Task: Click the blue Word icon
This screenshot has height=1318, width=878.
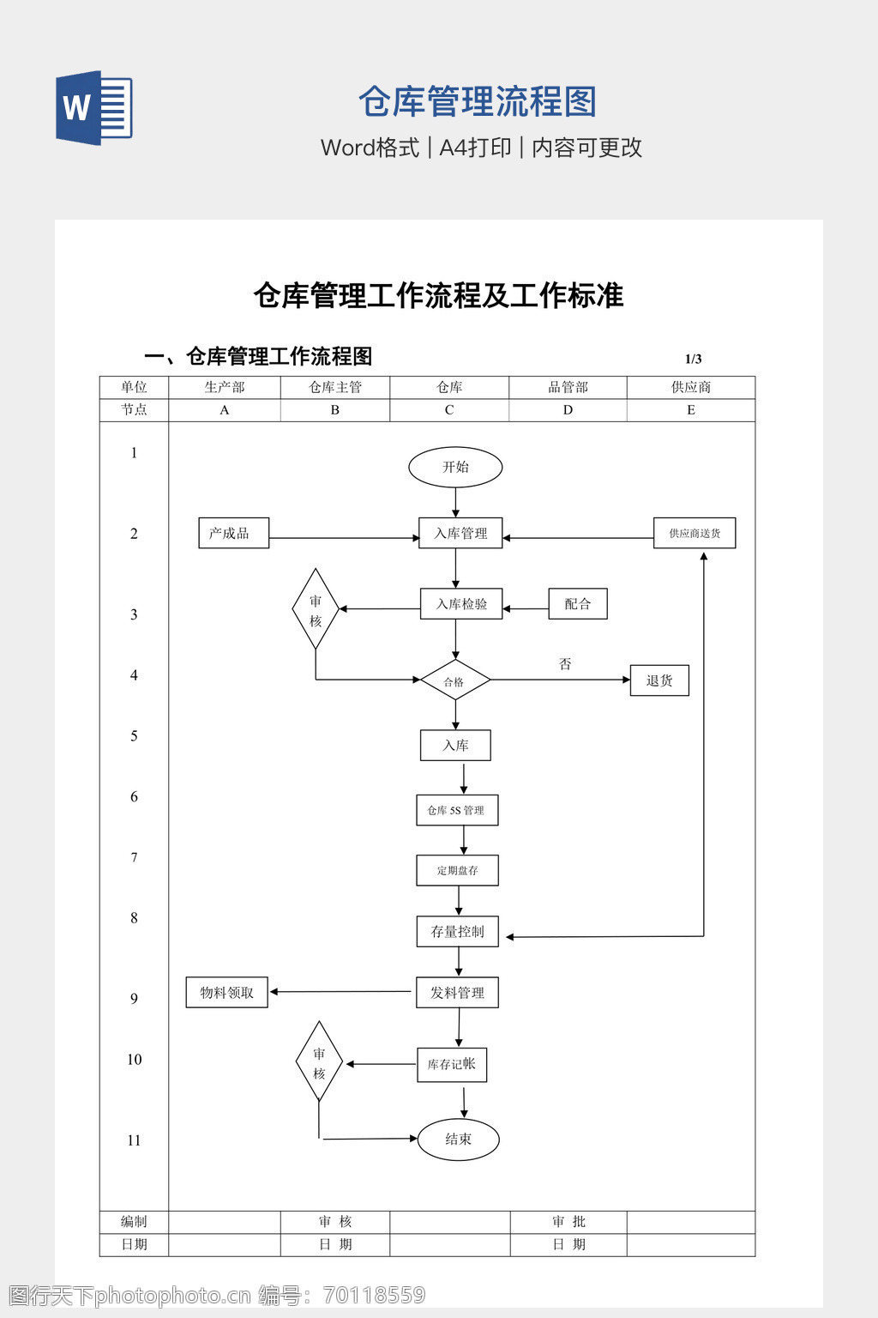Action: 94,108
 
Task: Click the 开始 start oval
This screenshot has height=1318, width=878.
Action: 455,468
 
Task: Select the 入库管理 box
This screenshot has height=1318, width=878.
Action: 460,533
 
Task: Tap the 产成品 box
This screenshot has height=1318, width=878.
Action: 233,533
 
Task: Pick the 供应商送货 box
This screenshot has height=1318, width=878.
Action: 695,533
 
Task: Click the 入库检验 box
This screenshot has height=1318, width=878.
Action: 461,604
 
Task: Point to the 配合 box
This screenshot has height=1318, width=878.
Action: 578,604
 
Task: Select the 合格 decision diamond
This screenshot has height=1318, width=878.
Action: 454,681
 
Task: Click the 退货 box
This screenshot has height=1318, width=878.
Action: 659,680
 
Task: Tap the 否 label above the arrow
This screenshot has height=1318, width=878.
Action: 565,664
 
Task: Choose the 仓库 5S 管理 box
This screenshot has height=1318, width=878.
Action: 457,810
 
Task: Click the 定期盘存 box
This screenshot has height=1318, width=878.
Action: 457,870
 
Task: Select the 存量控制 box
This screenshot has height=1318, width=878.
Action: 458,932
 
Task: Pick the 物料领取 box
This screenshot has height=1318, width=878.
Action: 227,993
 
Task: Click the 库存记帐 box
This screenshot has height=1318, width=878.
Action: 452,1065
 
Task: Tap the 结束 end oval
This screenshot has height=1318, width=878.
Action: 458,1140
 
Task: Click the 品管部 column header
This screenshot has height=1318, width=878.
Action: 568,387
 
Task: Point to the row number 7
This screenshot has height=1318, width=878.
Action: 134,857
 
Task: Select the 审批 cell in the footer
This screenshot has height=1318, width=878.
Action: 568,1222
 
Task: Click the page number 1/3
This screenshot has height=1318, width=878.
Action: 693,359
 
